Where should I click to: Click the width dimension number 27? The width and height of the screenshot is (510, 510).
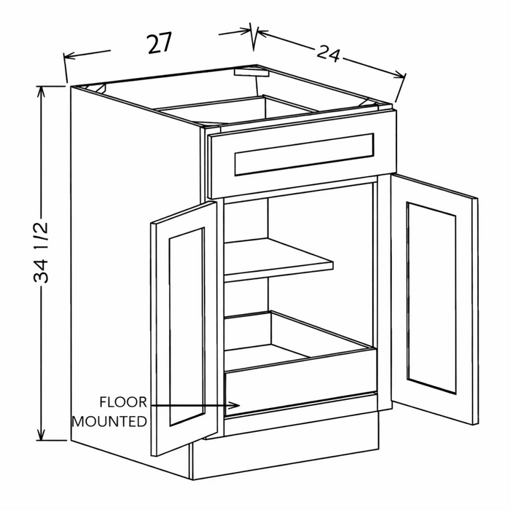coord(160,43)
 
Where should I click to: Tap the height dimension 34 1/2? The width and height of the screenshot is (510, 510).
coord(42,252)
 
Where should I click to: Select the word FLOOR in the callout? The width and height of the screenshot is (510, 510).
coord(123,402)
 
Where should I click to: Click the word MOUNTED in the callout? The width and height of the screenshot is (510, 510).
coord(109,422)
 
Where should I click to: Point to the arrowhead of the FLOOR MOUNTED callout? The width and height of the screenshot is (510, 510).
coord(235,405)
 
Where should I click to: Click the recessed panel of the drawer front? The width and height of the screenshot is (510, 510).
coord(304,154)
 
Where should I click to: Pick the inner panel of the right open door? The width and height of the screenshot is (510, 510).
coord(431,298)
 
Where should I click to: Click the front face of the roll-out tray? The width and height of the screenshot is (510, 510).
coord(301,381)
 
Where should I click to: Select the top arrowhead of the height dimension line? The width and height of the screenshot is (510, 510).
coord(41,92)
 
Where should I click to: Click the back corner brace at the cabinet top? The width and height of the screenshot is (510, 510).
coord(251,72)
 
